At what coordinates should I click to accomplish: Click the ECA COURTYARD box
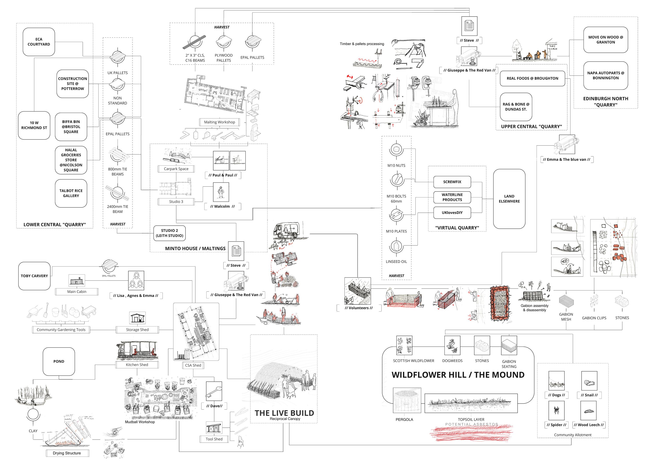click(39, 42)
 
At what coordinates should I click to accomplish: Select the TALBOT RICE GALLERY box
click(71, 193)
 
